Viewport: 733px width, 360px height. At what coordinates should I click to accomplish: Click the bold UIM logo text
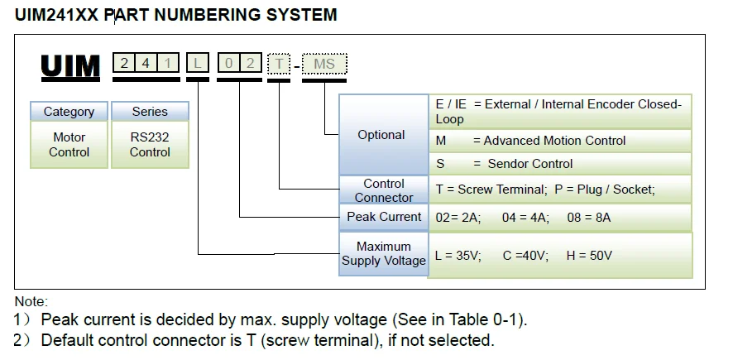coord(71,66)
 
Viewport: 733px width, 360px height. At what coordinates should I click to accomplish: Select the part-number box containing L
coord(198,63)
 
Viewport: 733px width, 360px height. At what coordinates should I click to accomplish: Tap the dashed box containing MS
coord(324,64)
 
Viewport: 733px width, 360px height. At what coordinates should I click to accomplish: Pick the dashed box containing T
coord(279,64)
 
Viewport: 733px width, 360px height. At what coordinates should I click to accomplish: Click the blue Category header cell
coord(69,112)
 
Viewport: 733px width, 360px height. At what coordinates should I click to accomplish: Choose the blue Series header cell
coord(150,111)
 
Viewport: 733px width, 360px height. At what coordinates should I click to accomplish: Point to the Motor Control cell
coord(69,145)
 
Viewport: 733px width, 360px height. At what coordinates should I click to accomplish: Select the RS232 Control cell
coord(150,145)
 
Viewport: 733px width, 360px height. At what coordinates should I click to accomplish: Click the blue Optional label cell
coord(381,135)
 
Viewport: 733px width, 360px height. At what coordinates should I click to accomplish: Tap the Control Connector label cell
coord(384,190)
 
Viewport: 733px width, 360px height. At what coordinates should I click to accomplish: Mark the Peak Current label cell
coord(384,217)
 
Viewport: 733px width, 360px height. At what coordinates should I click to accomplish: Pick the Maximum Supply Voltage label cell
coord(384,253)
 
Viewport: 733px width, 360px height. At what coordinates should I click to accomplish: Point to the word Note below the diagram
coord(31,302)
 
